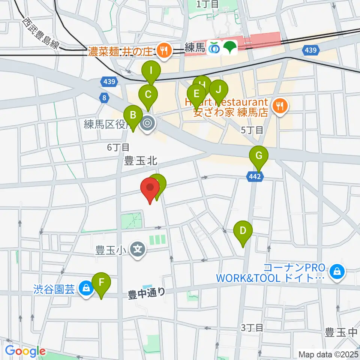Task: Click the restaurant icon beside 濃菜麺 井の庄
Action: point(163,51)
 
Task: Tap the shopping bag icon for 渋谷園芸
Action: point(86,288)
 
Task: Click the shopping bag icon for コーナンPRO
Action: point(337,273)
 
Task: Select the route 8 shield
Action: point(104,98)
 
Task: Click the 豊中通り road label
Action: point(147,293)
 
